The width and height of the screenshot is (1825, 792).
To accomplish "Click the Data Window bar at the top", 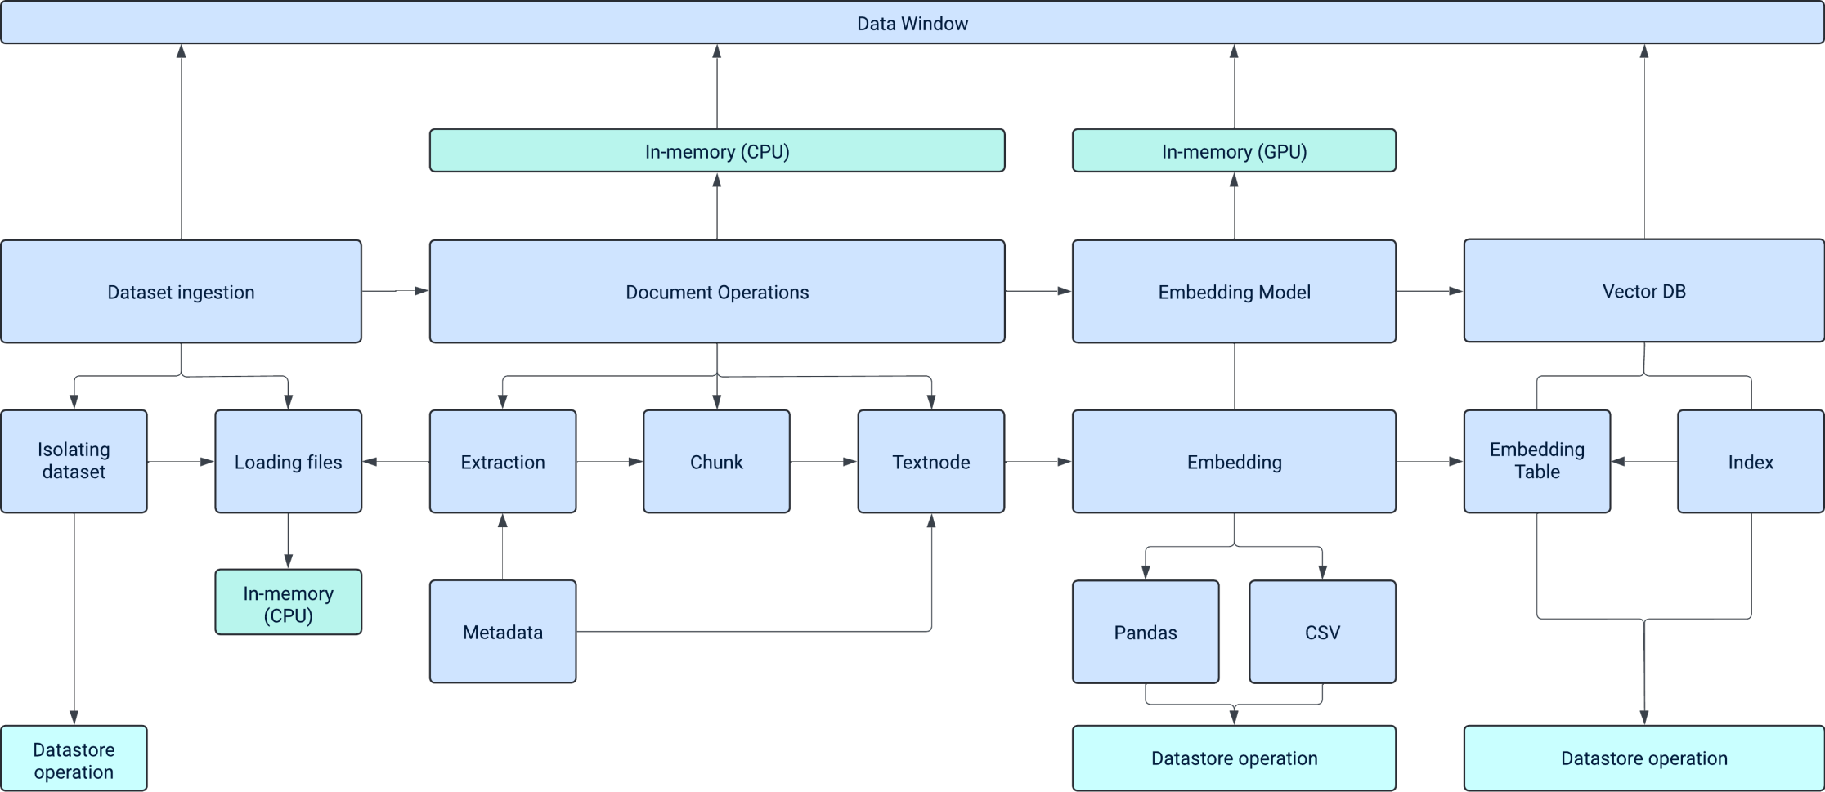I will click(912, 23).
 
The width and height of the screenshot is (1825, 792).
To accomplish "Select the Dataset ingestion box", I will click(181, 291).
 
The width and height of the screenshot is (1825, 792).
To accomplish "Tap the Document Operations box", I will click(716, 291).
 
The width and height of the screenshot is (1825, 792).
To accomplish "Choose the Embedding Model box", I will click(1233, 291).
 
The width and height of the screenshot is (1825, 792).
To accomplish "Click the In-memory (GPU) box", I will click(1233, 150).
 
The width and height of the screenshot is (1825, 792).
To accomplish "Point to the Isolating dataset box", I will click(74, 461).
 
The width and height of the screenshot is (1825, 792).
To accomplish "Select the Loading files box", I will click(288, 461).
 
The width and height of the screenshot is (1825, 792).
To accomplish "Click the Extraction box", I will click(502, 461).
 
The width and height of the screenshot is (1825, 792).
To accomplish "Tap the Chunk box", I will click(716, 461).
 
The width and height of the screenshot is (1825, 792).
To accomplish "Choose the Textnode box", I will click(930, 461).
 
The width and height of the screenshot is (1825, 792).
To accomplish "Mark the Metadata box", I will click(502, 631).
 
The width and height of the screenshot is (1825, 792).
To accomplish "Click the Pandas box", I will click(1145, 631).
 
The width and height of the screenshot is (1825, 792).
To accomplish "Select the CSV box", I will click(1321, 631).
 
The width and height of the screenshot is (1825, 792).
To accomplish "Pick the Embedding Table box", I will click(1536, 461).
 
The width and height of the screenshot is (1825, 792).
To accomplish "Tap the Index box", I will click(1750, 461).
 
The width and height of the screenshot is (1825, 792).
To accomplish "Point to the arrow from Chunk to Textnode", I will click(823, 462).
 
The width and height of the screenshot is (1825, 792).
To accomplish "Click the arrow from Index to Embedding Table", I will click(1643, 462).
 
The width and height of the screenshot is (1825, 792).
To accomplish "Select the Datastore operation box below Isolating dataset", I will click(74, 759).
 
